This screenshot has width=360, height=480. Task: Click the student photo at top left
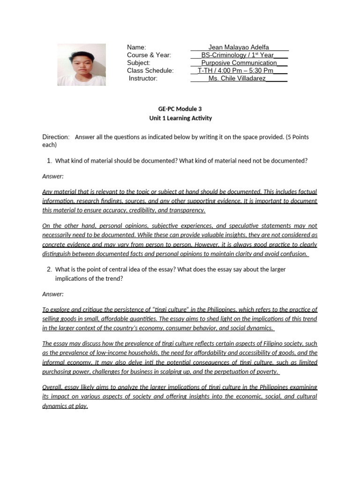pyautogui.click(x=82, y=65)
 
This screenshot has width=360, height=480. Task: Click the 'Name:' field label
pyautogui.click(x=137, y=47)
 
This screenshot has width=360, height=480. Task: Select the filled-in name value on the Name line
pyautogui.click(x=239, y=47)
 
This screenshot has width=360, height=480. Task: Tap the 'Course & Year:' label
pyautogui.click(x=149, y=55)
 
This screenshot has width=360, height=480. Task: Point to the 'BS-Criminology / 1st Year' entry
pyautogui.click(x=238, y=55)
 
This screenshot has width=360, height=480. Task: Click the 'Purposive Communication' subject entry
pyautogui.click(x=239, y=63)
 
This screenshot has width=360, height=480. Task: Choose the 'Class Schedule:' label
pyautogui.click(x=150, y=71)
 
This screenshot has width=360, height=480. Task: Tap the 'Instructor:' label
pyautogui.click(x=143, y=78)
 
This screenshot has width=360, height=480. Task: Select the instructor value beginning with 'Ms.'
pyautogui.click(x=237, y=78)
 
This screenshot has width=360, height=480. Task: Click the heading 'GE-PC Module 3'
pyautogui.click(x=180, y=109)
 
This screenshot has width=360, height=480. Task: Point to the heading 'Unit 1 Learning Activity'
pyautogui.click(x=180, y=118)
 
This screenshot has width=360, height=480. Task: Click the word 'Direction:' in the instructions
pyautogui.click(x=56, y=137)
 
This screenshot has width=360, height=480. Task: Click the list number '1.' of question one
pyautogui.click(x=49, y=161)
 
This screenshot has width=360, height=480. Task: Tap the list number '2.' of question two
pyautogui.click(x=49, y=270)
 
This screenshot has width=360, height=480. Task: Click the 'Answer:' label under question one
pyautogui.click(x=53, y=176)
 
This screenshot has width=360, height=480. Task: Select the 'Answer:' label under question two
pyautogui.click(x=53, y=294)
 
